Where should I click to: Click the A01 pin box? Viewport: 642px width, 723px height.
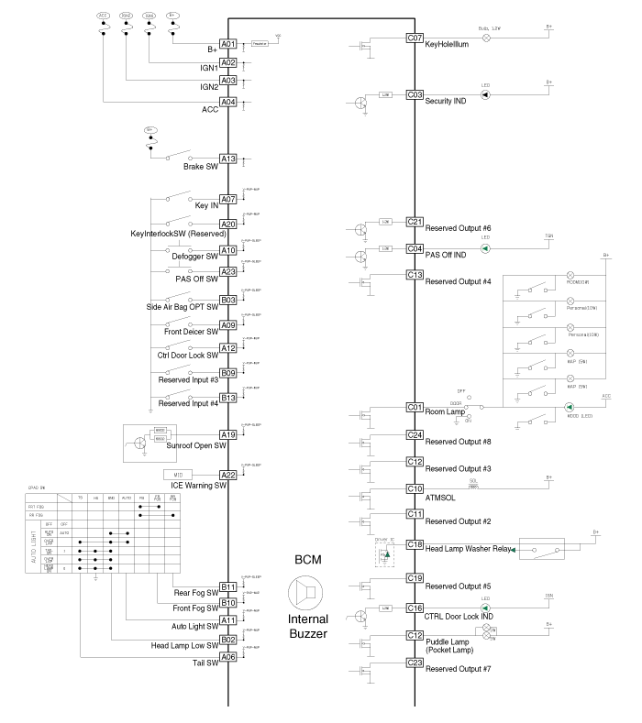pyautogui.click(x=228, y=44)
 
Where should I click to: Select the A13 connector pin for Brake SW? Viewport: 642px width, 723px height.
pyautogui.click(x=228, y=159)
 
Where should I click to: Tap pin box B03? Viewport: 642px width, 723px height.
pyautogui.click(x=228, y=300)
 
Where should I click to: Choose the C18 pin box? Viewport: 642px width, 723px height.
pyautogui.click(x=415, y=544)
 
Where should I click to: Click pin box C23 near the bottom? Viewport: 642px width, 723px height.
pyautogui.click(x=415, y=662)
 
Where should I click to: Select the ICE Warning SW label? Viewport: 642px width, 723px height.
pyautogui.click(x=194, y=485)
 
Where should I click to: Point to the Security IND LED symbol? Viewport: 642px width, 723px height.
pyautogui.click(x=486, y=94)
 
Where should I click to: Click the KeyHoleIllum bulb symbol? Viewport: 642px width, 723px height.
pyautogui.click(x=486, y=38)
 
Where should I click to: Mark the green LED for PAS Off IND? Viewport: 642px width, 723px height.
pyautogui.click(x=486, y=248)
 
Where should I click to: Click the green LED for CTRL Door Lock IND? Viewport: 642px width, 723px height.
pyautogui.click(x=486, y=608)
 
